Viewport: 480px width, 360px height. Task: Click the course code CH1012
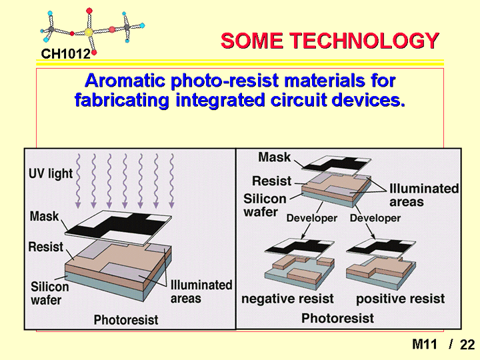pyautogui.click(x=65, y=54)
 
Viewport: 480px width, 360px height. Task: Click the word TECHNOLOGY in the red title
pyautogui.click(x=365, y=41)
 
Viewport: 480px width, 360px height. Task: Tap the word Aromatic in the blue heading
pyautogui.click(x=125, y=81)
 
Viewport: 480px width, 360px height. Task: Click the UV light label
pyautogui.click(x=51, y=173)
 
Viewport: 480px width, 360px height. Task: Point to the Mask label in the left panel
pyautogui.click(x=44, y=216)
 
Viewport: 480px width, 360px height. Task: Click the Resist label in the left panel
pyautogui.click(x=45, y=247)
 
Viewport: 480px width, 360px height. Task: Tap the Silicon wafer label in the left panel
pyautogui.click(x=49, y=293)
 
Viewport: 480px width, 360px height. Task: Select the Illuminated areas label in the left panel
pyautogui.click(x=201, y=291)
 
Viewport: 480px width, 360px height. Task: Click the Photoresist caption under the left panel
pyautogui.click(x=126, y=320)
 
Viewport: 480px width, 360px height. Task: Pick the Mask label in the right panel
pyautogui.click(x=274, y=157)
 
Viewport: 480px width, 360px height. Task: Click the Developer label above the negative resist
pyautogui.click(x=311, y=218)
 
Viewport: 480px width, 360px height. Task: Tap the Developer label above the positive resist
pyautogui.click(x=375, y=218)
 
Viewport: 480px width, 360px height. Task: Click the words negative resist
pyautogui.click(x=287, y=299)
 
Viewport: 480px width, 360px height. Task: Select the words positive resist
pyautogui.click(x=401, y=299)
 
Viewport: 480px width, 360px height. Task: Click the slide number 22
pyautogui.click(x=467, y=345)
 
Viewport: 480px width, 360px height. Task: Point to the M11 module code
pyautogui.click(x=424, y=345)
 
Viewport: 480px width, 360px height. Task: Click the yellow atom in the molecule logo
pyautogui.click(x=89, y=32)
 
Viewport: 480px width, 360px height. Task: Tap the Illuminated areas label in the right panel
pyautogui.click(x=424, y=195)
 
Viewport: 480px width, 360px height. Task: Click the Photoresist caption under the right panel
pyautogui.click(x=337, y=318)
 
